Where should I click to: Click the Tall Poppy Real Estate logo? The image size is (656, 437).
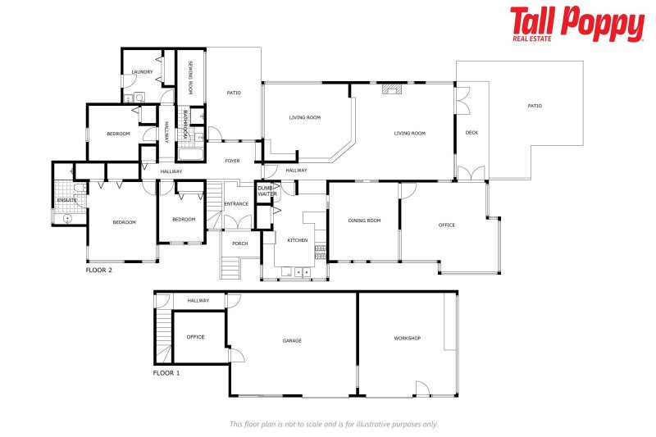pyautogui.click(x=577, y=24)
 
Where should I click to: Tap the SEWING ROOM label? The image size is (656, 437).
pyautogui.click(x=190, y=77)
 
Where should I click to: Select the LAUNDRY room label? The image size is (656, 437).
pyautogui.click(x=142, y=72)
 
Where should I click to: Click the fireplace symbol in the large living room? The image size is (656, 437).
pyautogui.click(x=392, y=89)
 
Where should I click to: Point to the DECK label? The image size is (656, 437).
pyautogui.click(x=471, y=133)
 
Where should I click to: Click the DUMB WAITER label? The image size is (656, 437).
pyautogui.click(x=267, y=191)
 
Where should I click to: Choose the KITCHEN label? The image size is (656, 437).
pyautogui.click(x=298, y=240)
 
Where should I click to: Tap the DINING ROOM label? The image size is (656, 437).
pyautogui.click(x=364, y=221)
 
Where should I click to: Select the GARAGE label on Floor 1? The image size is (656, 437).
pyautogui.click(x=292, y=341)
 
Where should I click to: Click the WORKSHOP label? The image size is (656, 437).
pyautogui.click(x=407, y=338)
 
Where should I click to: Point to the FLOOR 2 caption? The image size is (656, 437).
pyautogui.click(x=98, y=270)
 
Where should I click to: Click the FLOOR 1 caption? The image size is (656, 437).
pyautogui.click(x=166, y=373)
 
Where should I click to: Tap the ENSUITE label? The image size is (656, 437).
pyautogui.click(x=66, y=200)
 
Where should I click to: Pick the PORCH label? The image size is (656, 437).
pyautogui.click(x=240, y=244)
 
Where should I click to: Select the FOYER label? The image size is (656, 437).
pyautogui.click(x=233, y=161)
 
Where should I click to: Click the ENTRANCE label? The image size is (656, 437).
pyautogui.click(x=236, y=204)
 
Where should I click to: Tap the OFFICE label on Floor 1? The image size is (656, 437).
pyautogui.click(x=195, y=337)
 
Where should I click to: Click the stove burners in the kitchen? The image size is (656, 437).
pyautogui.click(x=320, y=253)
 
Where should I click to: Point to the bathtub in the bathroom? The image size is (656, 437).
pyautogui.click(x=191, y=154)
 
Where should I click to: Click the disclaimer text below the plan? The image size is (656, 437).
pyautogui.click(x=334, y=424)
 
